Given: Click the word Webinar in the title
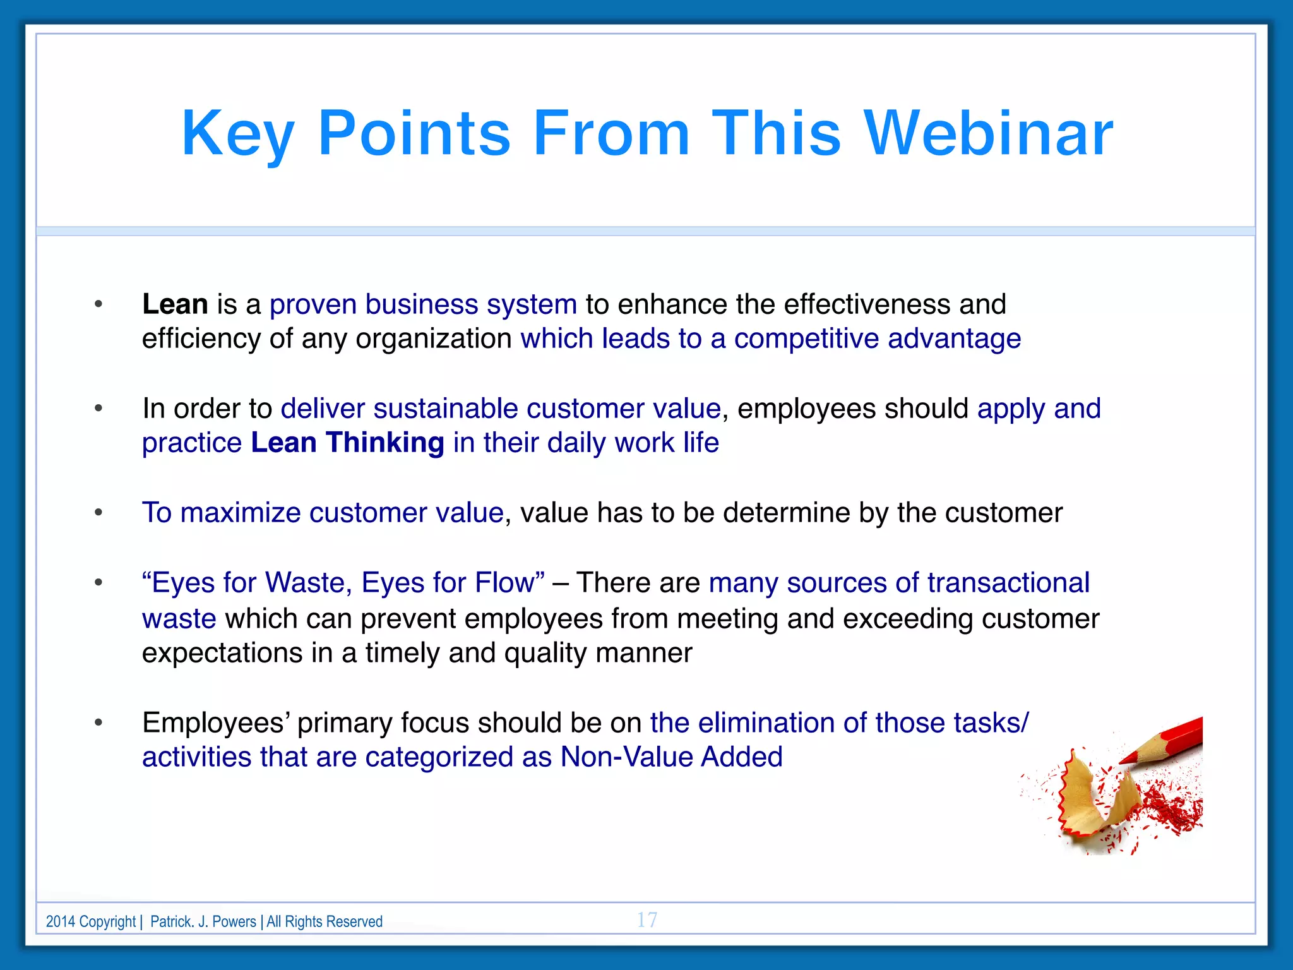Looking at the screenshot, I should pos(988,133).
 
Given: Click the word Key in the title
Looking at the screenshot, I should pos(237,133).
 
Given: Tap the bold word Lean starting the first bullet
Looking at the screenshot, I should pos(175,304).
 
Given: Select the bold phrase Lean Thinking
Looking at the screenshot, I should pos(347,443).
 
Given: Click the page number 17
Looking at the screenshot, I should pos(646,919).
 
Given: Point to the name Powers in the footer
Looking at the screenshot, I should pos(234,921).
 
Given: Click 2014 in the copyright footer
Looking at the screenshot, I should pos(61,921).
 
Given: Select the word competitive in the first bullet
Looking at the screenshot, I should pos(806,339).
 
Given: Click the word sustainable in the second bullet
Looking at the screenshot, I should pos(446,409).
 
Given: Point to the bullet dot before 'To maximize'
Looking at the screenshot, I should pos(98,513).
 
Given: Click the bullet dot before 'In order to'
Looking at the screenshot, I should pos(98,409).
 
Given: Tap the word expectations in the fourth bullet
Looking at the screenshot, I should pos(222,653).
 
